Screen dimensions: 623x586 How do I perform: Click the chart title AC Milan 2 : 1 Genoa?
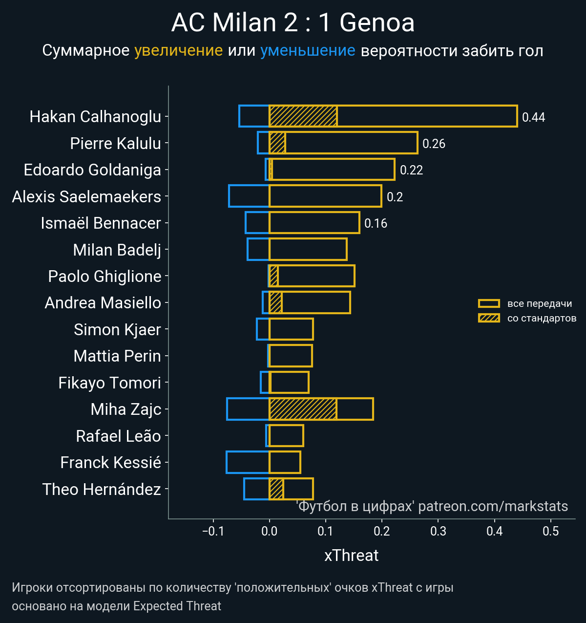[293, 23]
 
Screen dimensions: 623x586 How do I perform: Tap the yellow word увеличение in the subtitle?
[178, 51]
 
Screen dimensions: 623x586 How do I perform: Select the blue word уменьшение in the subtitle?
[308, 51]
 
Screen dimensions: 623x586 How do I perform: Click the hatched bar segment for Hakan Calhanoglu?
[303, 116]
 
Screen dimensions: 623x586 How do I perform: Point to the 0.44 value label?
[533, 117]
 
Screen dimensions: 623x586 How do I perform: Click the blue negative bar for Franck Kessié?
[248, 462]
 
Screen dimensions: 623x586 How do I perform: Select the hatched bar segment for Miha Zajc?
[303, 409]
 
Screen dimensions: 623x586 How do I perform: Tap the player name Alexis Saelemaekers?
[86, 196]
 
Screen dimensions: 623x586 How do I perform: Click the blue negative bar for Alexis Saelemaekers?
[249, 196]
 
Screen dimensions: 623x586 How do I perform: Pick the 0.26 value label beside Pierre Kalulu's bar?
[434, 144]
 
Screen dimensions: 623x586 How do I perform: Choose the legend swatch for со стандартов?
[489, 318]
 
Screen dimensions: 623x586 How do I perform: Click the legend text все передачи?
[540, 303]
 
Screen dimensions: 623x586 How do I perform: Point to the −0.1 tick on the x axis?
[213, 531]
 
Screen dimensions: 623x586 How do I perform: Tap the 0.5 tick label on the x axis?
[551, 531]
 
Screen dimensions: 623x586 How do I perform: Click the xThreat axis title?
[351, 556]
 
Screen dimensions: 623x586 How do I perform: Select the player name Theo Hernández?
[102, 489]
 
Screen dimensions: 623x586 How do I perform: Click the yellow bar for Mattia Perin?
[291, 356]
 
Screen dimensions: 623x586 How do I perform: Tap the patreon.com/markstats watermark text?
[493, 506]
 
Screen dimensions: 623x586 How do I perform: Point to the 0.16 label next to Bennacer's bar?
[376, 223]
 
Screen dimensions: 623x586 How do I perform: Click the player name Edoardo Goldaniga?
[92, 170]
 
